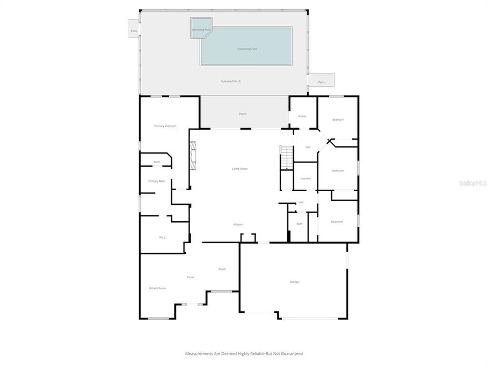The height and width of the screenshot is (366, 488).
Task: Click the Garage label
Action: click(x=294, y=282)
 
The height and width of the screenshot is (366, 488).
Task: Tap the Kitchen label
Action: click(x=238, y=225)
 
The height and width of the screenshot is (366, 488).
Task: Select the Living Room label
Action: click(x=240, y=169)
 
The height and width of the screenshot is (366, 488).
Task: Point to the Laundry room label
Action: click(x=306, y=178)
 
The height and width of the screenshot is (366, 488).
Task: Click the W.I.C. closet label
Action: click(x=163, y=237)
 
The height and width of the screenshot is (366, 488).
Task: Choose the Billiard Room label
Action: click(x=157, y=288)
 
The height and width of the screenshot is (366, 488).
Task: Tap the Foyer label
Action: click(x=191, y=277)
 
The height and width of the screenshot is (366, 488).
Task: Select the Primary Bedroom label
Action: click(x=165, y=126)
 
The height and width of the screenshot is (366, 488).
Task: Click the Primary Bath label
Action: click(x=157, y=181)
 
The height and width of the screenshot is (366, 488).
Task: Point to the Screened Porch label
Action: click(x=231, y=81)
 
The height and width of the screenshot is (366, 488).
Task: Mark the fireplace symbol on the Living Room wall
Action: click(x=193, y=157)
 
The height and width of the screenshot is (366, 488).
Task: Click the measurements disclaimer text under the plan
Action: click(x=244, y=353)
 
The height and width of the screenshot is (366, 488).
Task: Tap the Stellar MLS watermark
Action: click(x=472, y=182)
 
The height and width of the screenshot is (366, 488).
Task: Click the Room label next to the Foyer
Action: click(x=222, y=269)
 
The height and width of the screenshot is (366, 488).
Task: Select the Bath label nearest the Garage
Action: click(x=299, y=224)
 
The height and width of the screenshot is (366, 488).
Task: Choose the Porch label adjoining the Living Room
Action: click(x=242, y=114)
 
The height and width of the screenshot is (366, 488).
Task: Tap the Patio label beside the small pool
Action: click(x=134, y=31)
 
